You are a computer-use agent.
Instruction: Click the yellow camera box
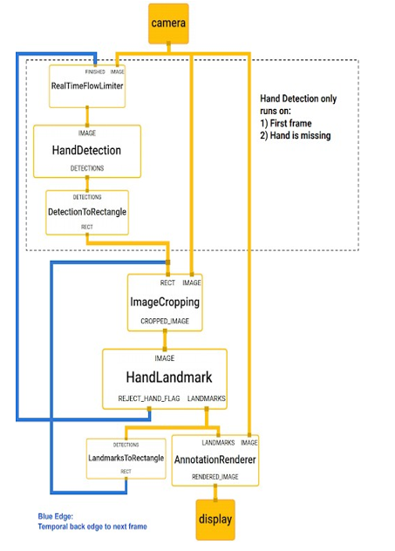click(x=168, y=24)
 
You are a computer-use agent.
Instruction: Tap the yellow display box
click(x=215, y=520)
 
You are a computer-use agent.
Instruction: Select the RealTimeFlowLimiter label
click(x=87, y=86)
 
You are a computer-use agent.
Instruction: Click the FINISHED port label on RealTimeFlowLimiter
click(x=95, y=71)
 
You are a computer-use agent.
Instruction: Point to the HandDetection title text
click(x=86, y=151)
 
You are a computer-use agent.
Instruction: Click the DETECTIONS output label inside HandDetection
click(x=87, y=168)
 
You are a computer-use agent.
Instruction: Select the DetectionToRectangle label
click(x=87, y=212)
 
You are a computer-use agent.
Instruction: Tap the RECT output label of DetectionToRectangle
click(x=87, y=227)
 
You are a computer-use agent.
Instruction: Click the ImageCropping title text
click(x=165, y=303)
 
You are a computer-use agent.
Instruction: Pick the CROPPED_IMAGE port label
click(x=165, y=321)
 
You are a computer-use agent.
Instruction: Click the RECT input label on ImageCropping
click(x=167, y=282)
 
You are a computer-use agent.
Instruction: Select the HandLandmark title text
click(x=169, y=378)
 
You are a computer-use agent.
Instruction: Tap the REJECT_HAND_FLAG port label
click(x=148, y=398)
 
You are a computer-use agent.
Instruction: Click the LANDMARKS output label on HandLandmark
click(x=207, y=398)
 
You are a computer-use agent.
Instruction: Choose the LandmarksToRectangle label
click(x=126, y=458)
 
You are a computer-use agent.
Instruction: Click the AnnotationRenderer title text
click(x=215, y=459)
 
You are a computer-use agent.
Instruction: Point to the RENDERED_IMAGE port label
click(x=215, y=477)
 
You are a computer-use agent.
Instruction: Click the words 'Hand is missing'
click(x=300, y=136)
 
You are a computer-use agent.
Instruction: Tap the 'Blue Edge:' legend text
click(x=56, y=516)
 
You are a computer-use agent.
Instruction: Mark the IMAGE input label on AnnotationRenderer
click(x=249, y=443)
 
